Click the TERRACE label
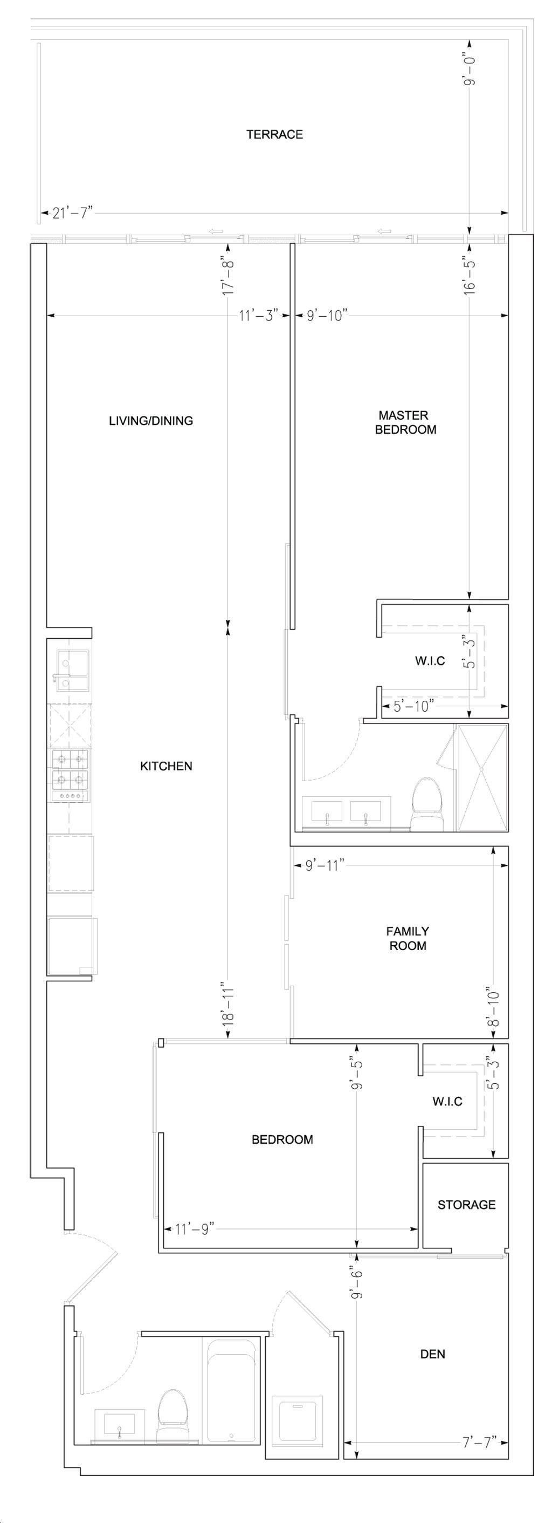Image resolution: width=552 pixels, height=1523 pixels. pos(274,134)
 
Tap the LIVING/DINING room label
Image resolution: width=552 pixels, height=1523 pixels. pos(151,421)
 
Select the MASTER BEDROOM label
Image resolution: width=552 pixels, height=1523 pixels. pos(405,423)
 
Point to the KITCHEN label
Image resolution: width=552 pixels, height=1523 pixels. pos(166,766)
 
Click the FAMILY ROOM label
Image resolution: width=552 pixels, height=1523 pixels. pos(408,938)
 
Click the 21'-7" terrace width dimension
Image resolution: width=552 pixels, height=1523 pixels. pos(73,213)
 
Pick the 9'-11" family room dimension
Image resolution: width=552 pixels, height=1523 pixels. pos(325,866)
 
